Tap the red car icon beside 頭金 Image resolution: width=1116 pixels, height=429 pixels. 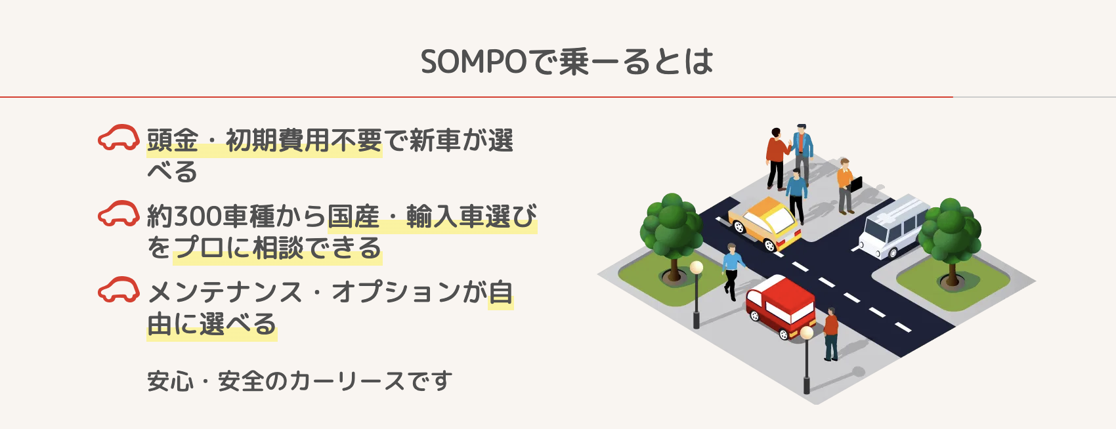[119, 137]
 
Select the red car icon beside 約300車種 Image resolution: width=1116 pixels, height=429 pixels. [119, 213]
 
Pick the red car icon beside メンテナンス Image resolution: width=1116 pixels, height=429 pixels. [119, 290]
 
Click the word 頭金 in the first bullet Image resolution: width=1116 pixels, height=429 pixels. [173, 140]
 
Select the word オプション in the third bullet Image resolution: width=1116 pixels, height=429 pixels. [395, 292]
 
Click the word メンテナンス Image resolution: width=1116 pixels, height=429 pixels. [225, 292]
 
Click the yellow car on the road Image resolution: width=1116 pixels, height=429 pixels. [765, 223]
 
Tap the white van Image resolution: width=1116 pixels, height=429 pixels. [894, 226]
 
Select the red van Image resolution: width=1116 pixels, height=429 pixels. [781, 307]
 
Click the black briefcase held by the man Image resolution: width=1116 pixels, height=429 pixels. [856, 184]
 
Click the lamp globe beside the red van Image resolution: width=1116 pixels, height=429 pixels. [807, 333]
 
